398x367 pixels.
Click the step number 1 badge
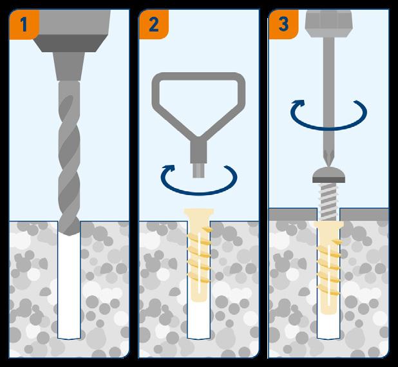pyautogui.click(x=24, y=24)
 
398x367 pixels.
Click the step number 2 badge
pyautogui.click(x=153, y=24)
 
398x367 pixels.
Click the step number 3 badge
pyautogui.click(x=283, y=24)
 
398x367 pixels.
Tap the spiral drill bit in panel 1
pyautogui.click(x=69, y=158)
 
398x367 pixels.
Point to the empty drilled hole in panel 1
pyautogui.click(x=69, y=287)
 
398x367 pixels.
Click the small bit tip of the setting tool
pyautogui.click(x=198, y=171)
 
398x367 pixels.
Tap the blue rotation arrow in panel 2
pyautogui.click(x=199, y=194)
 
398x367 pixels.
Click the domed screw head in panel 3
pyautogui.click(x=328, y=175)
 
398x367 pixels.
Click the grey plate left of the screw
pyautogui.click(x=293, y=214)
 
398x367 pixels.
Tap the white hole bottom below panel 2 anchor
pyautogui.click(x=199, y=320)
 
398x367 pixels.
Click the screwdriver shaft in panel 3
pyautogui.click(x=328, y=94)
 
